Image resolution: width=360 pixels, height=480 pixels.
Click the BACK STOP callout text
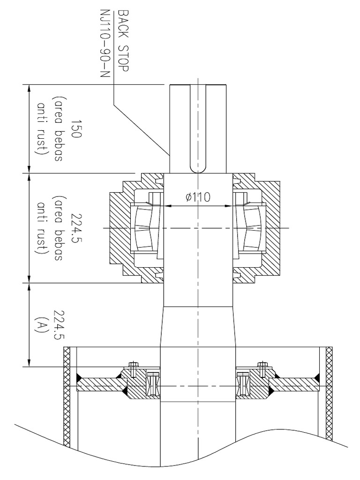(x=123, y=40)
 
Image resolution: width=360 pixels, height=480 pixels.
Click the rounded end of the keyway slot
(x=198, y=168)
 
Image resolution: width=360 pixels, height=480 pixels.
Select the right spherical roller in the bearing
(x=251, y=228)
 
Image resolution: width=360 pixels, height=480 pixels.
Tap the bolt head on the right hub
(x=262, y=364)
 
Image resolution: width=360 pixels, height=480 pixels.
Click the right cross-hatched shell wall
(x=329, y=394)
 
